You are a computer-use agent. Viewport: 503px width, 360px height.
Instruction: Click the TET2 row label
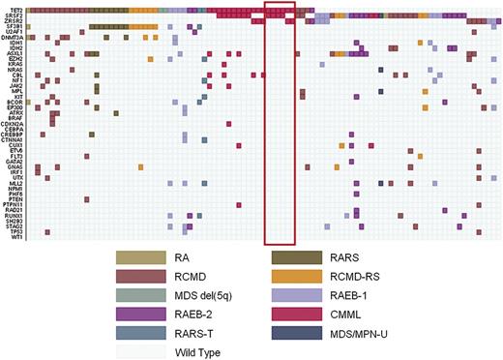pos(16,9)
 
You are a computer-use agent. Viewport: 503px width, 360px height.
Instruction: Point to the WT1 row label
pos(17,237)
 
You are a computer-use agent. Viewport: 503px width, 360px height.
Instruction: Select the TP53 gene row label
pos(17,231)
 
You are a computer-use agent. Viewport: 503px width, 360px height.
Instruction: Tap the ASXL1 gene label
pos(15,54)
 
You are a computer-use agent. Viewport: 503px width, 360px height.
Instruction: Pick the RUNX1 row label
pos(15,214)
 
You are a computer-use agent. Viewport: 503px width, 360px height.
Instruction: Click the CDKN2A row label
pos(14,123)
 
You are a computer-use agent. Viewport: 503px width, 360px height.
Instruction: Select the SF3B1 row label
pos(15,26)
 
